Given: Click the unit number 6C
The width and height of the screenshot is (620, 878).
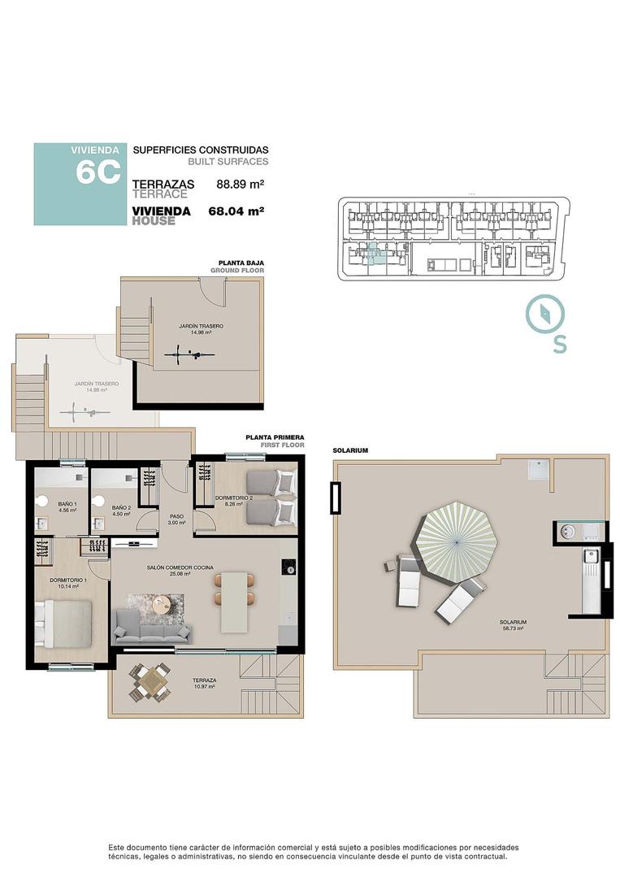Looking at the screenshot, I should (98, 172).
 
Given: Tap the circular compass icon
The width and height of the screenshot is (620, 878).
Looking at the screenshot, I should (544, 314).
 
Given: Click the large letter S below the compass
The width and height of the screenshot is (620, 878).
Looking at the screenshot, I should (560, 344).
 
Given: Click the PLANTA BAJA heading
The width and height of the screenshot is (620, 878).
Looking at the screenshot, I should (241, 263).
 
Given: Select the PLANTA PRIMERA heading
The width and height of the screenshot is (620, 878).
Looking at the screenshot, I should (275, 437).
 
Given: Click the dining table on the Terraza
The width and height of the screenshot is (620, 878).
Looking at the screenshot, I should (152, 681).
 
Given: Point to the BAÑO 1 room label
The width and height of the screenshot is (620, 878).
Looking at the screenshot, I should (67, 505).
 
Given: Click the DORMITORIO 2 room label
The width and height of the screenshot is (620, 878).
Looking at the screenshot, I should (234, 498).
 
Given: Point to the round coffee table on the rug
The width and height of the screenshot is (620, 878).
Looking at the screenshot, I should (163, 604).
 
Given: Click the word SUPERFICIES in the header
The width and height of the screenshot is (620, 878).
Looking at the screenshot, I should (165, 150).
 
